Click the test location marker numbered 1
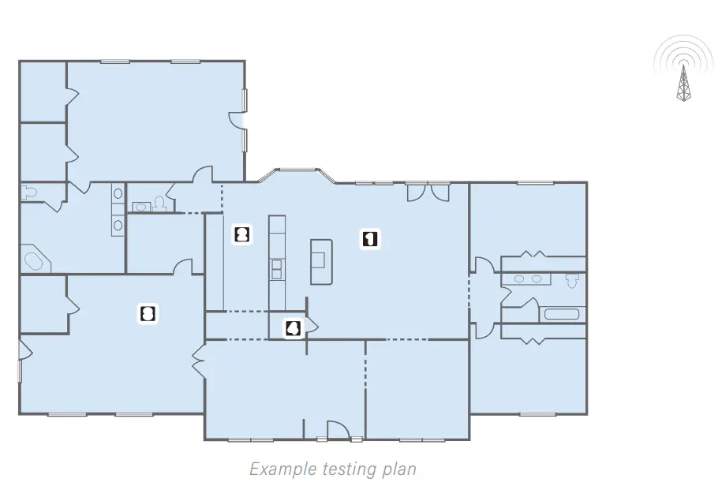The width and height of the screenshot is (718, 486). click(x=370, y=238)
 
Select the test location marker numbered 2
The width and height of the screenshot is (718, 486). click(x=242, y=234)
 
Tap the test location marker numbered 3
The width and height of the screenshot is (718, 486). click(x=148, y=314)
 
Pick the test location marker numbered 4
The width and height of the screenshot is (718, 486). click(x=293, y=328)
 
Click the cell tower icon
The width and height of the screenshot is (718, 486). click(x=683, y=69)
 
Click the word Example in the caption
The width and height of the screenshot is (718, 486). click(x=283, y=469)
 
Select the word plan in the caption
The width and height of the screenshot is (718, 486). click(x=398, y=470)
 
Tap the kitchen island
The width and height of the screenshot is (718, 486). click(x=321, y=262)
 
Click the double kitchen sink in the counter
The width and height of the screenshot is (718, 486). click(x=277, y=269)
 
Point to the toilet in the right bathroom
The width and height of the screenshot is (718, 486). click(x=572, y=280)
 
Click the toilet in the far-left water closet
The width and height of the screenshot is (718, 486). click(x=29, y=193)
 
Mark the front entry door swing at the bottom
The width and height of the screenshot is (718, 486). click(x=338, y=430)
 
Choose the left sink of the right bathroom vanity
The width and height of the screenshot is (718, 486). click(x=519, y=279)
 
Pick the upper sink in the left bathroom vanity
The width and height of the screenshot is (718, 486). click(x=118, y=194)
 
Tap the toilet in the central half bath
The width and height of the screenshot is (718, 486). click(x=159, y=203)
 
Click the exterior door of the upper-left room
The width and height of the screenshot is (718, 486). click(x=237, y=118)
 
